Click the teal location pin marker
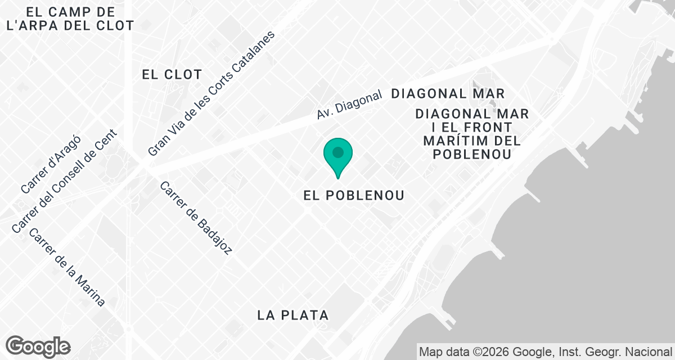[x=338, y=154]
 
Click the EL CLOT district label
[x=172, y=74]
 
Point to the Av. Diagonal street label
[x=349, y=105]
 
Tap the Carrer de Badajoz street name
[x=196, y=218]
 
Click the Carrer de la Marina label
[x=67, y=267]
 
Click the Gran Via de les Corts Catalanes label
[x=211, y=93]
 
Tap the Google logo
[x=38, y=346]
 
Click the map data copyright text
[x=546, y=352]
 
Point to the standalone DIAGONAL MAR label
[x=448, y=93]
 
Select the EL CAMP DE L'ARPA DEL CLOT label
[x=67, y=19]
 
